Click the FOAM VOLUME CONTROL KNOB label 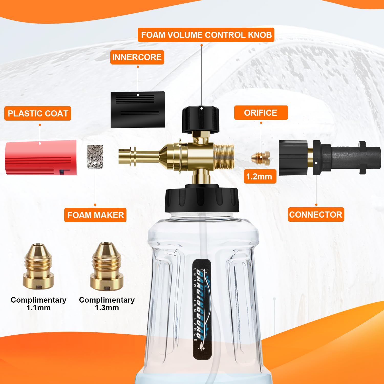pyautogui.click(x=206, y=35)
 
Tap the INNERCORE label pyautogui.click(x=137, y=57)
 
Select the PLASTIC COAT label pyautogui.click(x=38, y=113)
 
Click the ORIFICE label pyautogui.click(x=261, y=113)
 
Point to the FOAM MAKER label pyautogui.click(x=95, y=215)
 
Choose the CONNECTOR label pyautogui.click(x=316, y=215)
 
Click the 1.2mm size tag pyautogui.click(x=260, y=176)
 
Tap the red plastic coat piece pyautogui.click(x=41, y=157)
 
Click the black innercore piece pyautogui.click(x=138, y=110)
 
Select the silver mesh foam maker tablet pyautogui.click(x=95, y=157)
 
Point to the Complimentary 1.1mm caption pyautogui.click(x=38, y=304)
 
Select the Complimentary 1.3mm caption pyautogui.click(x=107, y=304)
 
